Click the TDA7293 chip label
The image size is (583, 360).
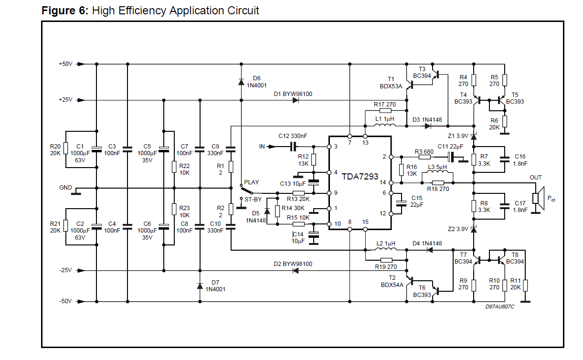pyautogui.click(x=360, y=177)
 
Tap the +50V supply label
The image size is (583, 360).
pyautogui.click(x=65, y=64)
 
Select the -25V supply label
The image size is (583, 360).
pyautogui.click(x=65, y=270)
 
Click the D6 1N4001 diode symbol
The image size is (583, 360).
pyautogui.click(x=241, y=82)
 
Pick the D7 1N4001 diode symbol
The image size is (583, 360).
pyautogui.click(x=200, y=286)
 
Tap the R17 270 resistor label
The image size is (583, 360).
pyautogui.click(x=385, y=104)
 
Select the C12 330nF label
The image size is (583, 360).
pyautogui.click(x=293, y=136)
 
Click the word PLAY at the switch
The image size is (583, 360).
pyautogui.click(x=251, y=182)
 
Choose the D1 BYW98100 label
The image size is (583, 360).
pyautogui.click(x=293, y=94)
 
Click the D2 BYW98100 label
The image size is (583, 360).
pyautogui.click(x=293, y=264)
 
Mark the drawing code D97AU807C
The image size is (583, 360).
pyautogui.click(x=500, y=307)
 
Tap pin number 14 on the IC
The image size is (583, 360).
pyautogui.click(x=383, y=182)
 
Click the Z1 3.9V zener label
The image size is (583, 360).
pyautogui.click(x=458, y=136)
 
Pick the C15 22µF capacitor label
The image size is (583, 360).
pyautogui.click(x=417, y=201)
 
